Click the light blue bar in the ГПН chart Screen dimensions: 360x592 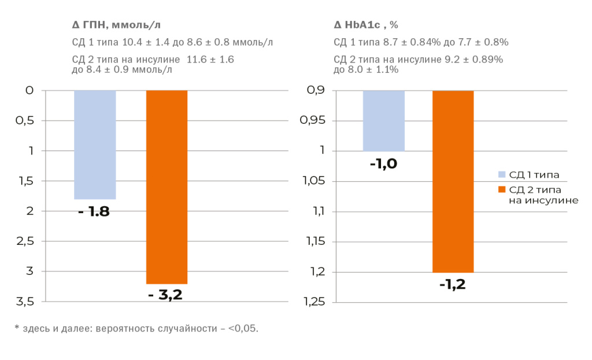95,145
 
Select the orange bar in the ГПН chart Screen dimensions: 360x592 166,187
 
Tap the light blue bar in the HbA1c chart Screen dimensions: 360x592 383,120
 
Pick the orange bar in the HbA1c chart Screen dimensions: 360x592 453,181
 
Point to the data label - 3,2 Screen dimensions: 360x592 165,295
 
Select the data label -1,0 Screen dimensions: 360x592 383,164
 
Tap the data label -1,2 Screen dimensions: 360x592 452,284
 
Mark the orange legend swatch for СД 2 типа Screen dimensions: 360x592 501,190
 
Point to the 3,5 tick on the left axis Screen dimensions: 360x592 25,302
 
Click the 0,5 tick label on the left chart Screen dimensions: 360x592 25,121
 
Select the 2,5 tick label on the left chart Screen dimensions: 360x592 25,241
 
